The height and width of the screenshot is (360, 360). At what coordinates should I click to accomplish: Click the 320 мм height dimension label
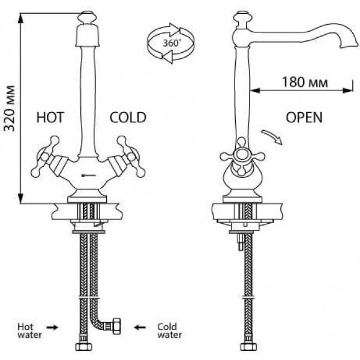(10, 109)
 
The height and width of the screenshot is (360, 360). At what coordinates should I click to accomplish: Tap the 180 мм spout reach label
(305, 82)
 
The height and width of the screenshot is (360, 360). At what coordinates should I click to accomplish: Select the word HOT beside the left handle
(50, 118)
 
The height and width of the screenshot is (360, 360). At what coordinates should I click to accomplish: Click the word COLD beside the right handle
(128, 118)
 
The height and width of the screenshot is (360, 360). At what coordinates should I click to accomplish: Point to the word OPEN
(304, 118)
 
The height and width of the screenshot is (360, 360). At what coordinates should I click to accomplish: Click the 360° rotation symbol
(171, 43)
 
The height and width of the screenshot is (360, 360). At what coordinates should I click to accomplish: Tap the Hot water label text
(29, 331)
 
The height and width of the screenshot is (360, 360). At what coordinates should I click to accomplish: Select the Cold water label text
(169, 331)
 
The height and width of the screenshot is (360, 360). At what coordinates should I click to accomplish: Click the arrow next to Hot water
(52, 328)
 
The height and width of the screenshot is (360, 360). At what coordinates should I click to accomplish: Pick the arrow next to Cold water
(140, 328)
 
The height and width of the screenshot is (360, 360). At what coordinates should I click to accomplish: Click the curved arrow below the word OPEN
(272, 136)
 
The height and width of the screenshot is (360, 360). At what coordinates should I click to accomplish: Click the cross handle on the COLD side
(130, 157)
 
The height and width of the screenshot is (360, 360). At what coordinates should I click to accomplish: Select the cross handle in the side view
(242, 156)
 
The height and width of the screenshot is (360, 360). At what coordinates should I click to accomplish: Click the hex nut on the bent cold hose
(116, 326)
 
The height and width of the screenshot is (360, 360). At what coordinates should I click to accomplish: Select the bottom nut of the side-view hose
(248, 347)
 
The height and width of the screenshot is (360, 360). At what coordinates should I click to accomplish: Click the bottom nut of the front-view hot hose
(83, 347)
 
